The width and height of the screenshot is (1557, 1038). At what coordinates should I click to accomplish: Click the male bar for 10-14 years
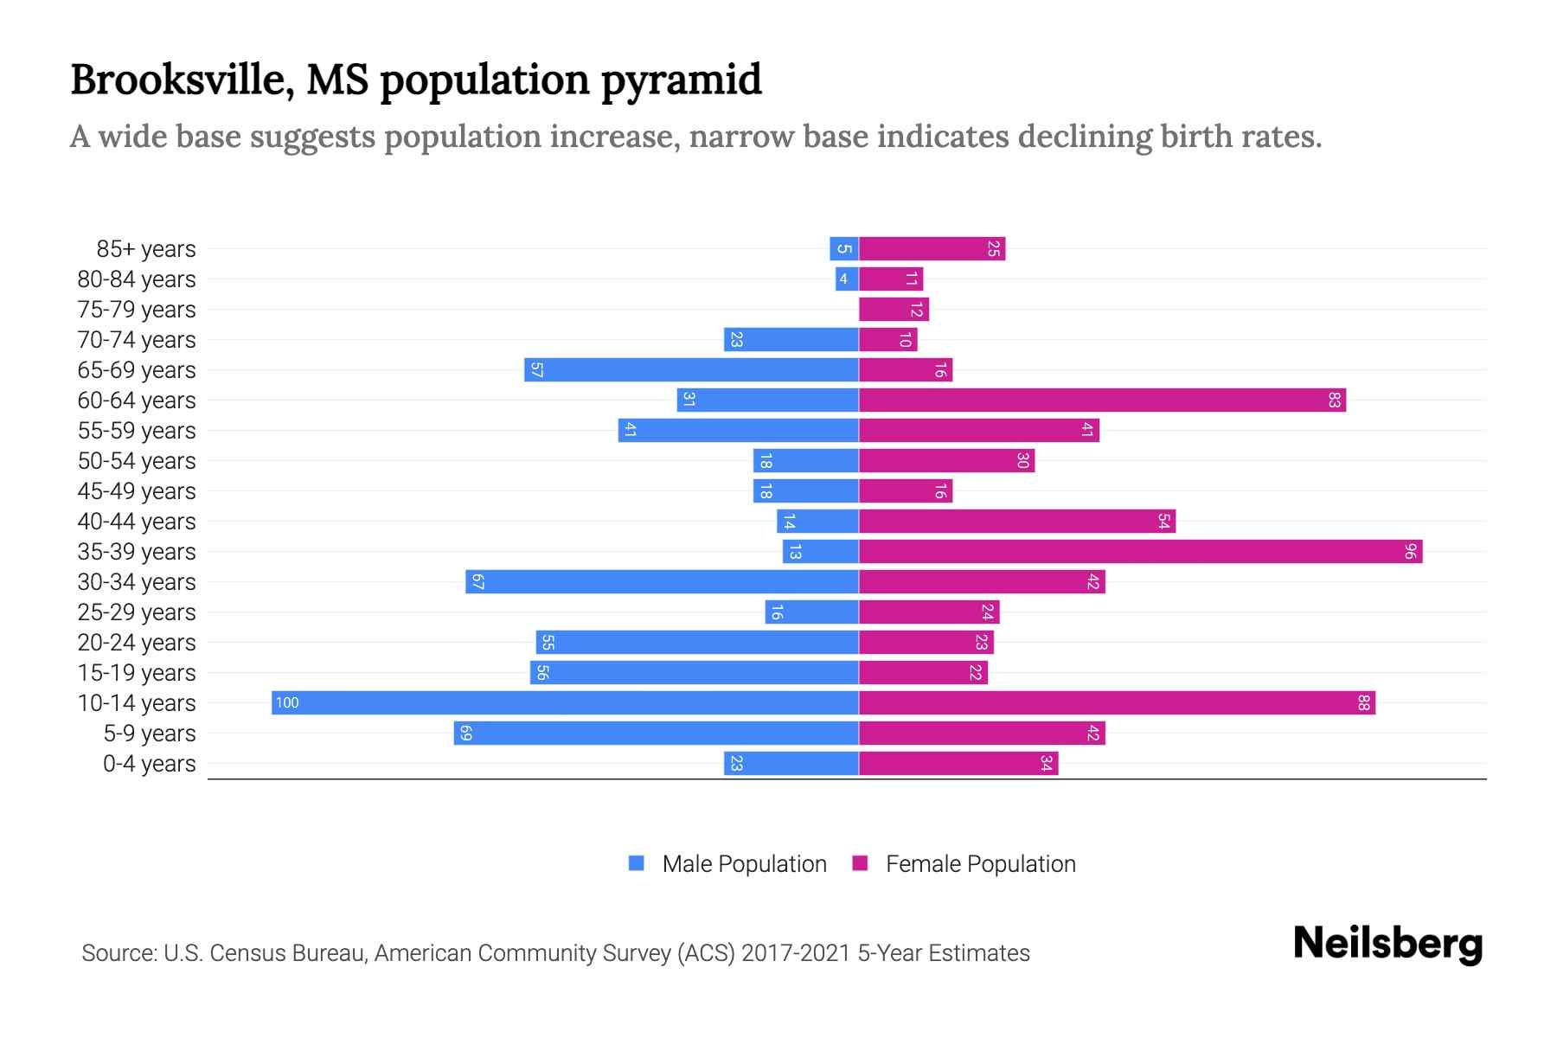point(565,702)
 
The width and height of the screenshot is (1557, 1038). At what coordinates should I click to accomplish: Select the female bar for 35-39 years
point(1140,551)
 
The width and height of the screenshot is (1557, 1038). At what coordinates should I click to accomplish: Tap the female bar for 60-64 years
point(1102,400)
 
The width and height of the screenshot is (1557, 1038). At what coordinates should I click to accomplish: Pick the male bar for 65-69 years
point(691,369)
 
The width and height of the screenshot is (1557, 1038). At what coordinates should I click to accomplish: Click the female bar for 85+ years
point(932,249)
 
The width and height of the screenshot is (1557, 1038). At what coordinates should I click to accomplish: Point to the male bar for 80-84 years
point(847,279)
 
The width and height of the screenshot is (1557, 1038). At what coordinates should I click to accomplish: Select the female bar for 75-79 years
point(894,309)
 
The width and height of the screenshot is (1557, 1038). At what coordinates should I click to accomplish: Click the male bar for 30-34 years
point(662,581)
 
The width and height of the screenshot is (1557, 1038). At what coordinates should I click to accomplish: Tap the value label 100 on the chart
point(287,703)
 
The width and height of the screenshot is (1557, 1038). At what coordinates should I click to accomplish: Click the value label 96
point(1409,551)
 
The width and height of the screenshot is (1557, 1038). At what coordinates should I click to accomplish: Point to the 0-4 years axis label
point(149,764)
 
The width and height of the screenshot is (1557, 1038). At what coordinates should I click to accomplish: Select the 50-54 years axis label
point(137,460)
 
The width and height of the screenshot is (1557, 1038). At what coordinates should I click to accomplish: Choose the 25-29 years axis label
point(137,612)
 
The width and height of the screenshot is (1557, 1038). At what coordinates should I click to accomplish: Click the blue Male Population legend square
point(637,863)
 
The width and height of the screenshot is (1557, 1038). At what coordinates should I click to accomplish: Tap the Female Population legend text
point(980,863)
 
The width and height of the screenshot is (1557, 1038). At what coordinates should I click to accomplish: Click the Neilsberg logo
point(1387,944)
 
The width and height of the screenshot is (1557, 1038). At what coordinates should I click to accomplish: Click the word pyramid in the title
point(681,80)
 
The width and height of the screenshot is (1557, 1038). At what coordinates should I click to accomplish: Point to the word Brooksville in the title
point(181,80)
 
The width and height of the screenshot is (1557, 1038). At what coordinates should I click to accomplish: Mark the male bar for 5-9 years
point(656,733)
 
